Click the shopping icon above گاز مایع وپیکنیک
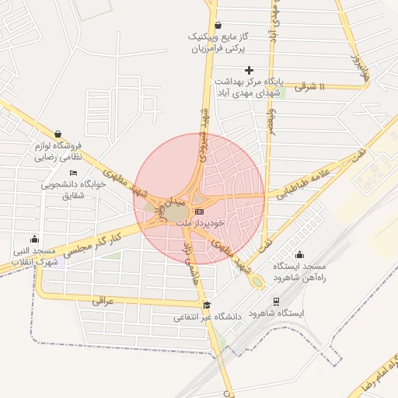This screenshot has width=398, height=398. pyautogui.click(x=217, y=25)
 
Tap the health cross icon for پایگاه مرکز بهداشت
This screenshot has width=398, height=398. pyautogui.click(x=249, y=71)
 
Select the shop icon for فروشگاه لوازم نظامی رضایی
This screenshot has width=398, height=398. pyautogui.click(x=58, y=134)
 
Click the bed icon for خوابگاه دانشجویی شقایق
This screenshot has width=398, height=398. pyautogui.click(x=74, y=173)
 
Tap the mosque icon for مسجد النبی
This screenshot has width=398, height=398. pyautogui.click(x=33, y=239)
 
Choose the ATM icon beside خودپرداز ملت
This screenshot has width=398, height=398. pyautogui.click(x=200, y=211)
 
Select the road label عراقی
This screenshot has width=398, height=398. pyautogui.click(x=103, y=299)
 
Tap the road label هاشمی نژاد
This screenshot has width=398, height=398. pyautogui.click(x=192, y=267)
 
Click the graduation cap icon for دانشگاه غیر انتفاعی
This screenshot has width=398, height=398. pyautogui.click(x=206, y=305)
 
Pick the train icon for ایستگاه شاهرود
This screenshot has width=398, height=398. pyautogui.click(x=276, y=301)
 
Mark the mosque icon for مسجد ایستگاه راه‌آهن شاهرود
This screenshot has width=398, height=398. pyautogui.click(x=300, y=255)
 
